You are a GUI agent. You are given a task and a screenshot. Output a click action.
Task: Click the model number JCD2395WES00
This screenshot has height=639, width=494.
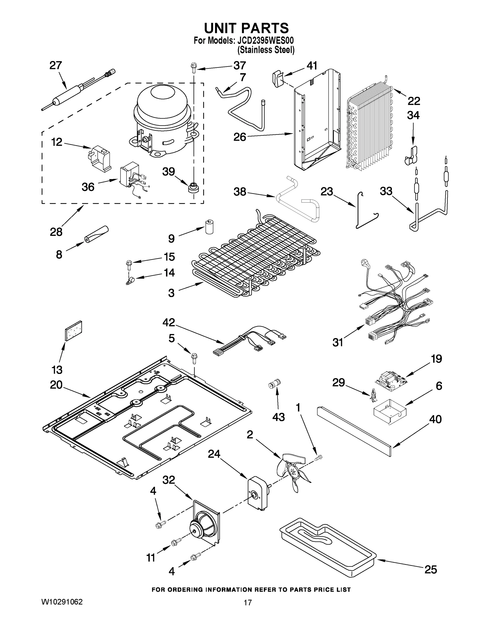point(263,41)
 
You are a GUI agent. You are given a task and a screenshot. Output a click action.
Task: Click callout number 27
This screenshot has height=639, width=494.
point(56,65)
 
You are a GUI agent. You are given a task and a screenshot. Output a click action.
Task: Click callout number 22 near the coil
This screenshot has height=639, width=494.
point(414,101)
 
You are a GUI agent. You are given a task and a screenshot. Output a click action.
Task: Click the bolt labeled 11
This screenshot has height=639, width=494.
point(175,543)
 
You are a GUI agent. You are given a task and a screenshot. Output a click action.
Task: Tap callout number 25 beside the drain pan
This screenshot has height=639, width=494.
point(431,569)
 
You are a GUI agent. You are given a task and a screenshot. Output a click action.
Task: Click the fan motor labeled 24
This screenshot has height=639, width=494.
point(258,494)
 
